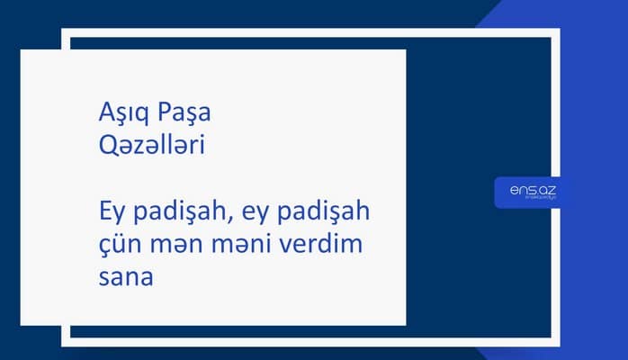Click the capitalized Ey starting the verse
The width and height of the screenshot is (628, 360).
pyautogui.click(x=111, y=217)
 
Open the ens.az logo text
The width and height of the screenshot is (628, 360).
pyautogui.click(x=527, y=190)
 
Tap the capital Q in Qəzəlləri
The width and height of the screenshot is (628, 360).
pyautogui.click(x=107, y=145)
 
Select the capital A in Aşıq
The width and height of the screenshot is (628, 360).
pyautogui.click(x=105, y=115)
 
